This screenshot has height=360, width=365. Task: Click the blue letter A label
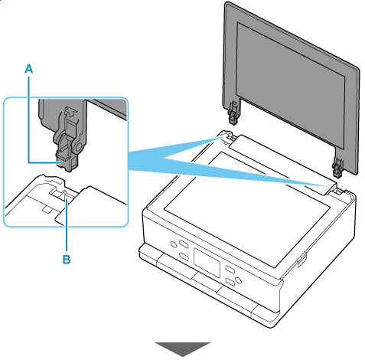click(29, 68)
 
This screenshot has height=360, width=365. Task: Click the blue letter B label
click(67, 260)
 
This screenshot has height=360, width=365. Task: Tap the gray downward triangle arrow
click(183, 349)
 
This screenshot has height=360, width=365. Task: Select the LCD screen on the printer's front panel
click(207, 262)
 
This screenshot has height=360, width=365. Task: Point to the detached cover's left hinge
click(233, 113)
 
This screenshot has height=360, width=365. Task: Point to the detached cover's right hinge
click(337, 167)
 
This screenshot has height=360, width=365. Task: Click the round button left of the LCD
click(173, 244)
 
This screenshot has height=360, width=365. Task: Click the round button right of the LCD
click(238, 280)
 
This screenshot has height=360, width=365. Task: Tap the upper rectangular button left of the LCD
click(184, 244)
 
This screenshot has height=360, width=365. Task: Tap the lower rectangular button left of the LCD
click(184, 257)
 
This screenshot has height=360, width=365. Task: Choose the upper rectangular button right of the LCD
click(230, 270)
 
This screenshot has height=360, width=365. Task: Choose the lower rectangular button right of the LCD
click(230, 283)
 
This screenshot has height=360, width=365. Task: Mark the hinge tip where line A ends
click(60, 162)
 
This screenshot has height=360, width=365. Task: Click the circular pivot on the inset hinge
click(79, 146)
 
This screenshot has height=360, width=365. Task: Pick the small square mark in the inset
click(47, 210)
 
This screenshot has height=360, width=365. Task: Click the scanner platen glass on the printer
click(247, 208)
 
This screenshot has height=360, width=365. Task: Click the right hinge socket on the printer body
click(339, 191)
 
